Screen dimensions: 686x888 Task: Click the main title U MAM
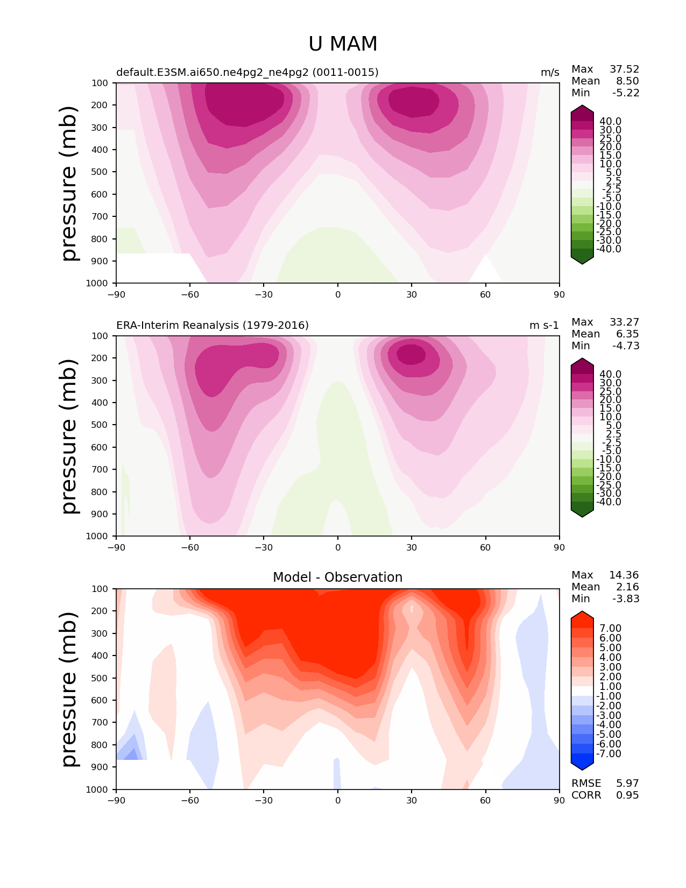(x=343, y=44)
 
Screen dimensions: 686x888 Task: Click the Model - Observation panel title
(x=337, y=577)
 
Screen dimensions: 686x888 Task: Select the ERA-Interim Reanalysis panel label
(x=213, y=325)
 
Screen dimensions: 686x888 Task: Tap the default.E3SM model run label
(x=247, y=72)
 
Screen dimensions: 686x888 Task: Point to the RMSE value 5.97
(x=627, y=783)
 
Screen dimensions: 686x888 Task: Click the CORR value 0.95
(x=627, y=795)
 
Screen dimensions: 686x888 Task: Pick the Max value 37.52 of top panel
(x=624, y=69)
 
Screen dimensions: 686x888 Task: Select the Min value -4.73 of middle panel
(x=626, y=346)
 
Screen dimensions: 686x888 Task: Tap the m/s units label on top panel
(x=550, y=72)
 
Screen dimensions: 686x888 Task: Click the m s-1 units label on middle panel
(x=544, y=325)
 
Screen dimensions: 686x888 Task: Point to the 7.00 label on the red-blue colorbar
(x=611, y=628)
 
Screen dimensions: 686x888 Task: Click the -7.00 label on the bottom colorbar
(x=609, y=753)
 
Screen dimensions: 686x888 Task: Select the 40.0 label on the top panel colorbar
(x=611, y=122)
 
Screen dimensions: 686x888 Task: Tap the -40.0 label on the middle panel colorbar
(x=609, y=502)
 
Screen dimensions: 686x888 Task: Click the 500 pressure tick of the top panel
(x=100, y=172)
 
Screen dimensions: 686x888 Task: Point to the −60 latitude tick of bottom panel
(x=190, y=800)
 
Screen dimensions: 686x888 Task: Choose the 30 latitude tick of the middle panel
(x=412, y=547)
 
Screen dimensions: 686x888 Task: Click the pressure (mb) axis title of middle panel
(x=69, y=436)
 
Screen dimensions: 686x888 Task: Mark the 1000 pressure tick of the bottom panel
(x=97, y=789)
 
